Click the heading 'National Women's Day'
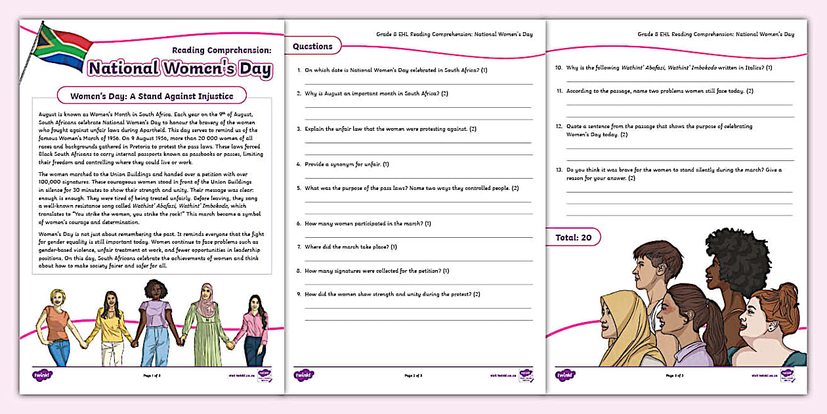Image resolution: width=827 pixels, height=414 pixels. point(180,68)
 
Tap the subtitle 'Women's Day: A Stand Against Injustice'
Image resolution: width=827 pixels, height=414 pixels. point(152,96)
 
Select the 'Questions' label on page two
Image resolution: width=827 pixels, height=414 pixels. point(312,46)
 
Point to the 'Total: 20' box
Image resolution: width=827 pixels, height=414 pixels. point(572,237)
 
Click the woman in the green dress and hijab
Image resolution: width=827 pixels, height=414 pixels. point(205,322)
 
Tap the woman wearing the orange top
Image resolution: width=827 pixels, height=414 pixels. point(58,325)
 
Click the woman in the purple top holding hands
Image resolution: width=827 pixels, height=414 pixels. point(155,322)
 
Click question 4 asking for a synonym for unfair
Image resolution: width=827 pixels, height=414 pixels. point(347,164)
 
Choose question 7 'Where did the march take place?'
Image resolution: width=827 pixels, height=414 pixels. point(350,247)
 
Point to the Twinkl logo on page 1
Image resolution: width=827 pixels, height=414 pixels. point(41,375)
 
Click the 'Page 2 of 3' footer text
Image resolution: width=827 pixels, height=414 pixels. point(413,376)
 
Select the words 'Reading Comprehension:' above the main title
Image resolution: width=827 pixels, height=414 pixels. point(221,50)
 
